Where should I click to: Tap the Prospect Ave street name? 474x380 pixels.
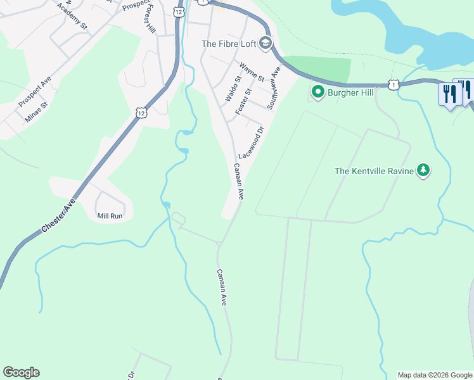[34, 93]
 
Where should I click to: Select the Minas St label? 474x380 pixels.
[36, 112]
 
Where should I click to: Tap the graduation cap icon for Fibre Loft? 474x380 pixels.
[266, 44]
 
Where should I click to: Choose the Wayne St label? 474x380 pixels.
[251, 73]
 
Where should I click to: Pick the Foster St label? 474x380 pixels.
[243, 101]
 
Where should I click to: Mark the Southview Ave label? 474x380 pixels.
[274, 88]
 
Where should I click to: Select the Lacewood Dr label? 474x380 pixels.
[250, 144]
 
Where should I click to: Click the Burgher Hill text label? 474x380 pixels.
[350, 92]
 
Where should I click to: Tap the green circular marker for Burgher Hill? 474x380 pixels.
[317, 92]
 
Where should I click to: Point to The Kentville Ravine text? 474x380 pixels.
[374, 170]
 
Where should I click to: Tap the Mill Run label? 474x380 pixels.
[109, 216]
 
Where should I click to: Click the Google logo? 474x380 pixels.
[21, 372]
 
